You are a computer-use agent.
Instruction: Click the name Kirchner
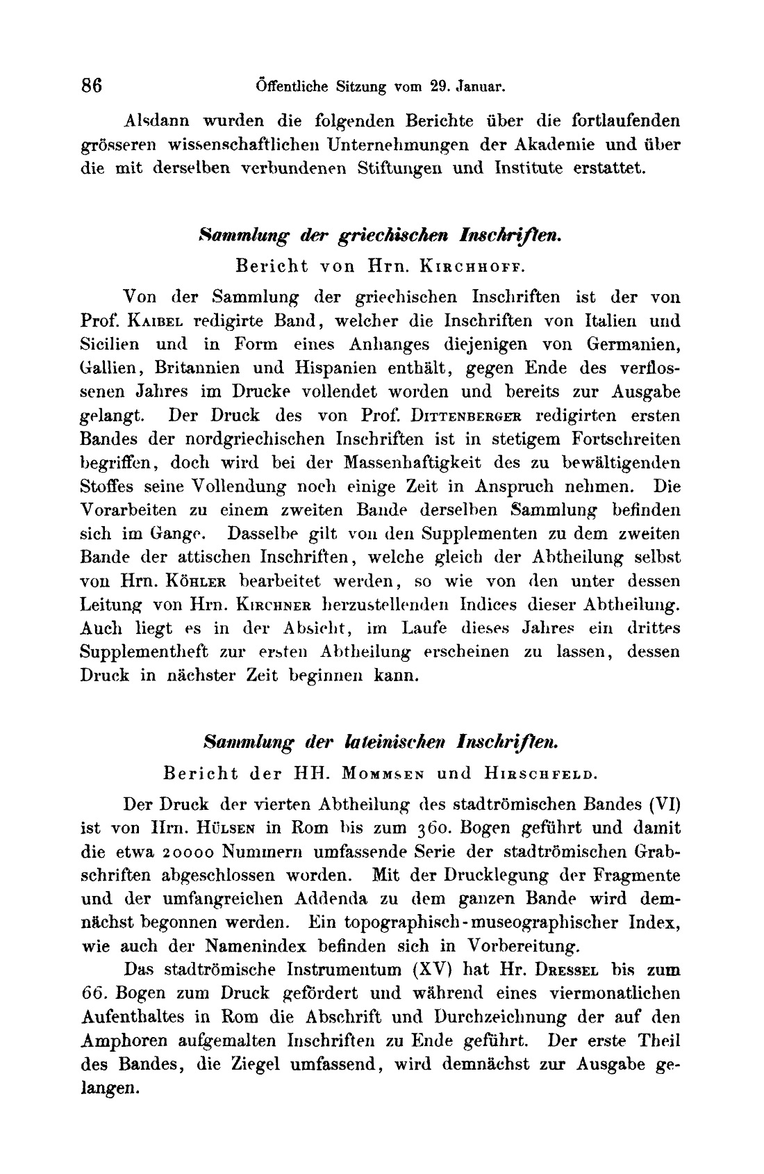pyautogui.click(x=271, y=604)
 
